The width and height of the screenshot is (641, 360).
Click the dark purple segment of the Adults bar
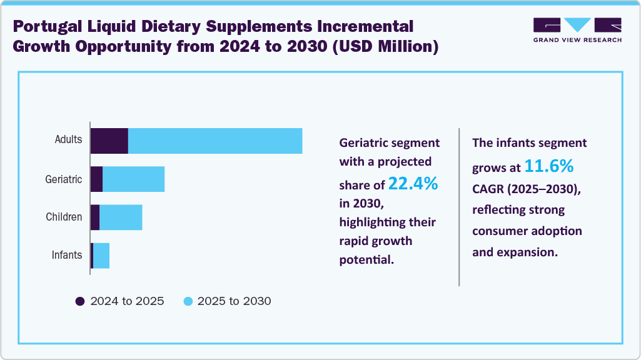point(109,141)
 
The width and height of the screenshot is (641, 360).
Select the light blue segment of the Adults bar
point(215,141)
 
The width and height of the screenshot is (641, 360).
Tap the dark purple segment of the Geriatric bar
point(96,179)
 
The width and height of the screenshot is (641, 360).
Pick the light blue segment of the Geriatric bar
point(133,179)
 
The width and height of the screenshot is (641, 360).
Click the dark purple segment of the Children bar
point(95,217)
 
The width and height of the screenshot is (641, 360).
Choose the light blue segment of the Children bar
point(121,217)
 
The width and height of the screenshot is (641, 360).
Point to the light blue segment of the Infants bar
point(101,256)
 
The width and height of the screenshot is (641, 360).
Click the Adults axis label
point(68,139)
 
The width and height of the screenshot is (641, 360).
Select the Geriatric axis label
point(64,179)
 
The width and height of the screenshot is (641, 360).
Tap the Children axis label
point(64,217)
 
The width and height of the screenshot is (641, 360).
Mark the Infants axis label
point(67,255)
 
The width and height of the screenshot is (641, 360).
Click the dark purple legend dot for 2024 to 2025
point(80,301)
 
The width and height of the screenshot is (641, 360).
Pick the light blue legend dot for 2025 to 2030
point(188,301)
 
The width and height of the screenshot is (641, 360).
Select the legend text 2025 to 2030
point(234,301)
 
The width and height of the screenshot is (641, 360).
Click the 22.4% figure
point(413,184)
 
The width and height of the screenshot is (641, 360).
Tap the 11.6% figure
point(548,167)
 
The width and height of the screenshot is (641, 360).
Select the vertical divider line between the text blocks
point(459,206)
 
